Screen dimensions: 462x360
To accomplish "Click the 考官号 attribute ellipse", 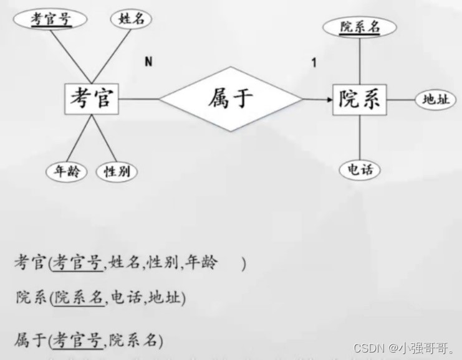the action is coord(51,19).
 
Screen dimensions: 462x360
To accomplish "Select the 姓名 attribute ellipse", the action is coord(131,19).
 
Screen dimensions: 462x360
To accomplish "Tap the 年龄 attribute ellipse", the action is coord(67,172).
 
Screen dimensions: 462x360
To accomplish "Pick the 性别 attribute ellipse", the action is coord(117,172).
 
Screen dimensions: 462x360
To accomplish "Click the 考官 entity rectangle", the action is coord(92,98).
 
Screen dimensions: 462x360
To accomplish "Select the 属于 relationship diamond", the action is coord(231,98).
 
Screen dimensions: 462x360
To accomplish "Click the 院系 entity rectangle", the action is coord(359,99).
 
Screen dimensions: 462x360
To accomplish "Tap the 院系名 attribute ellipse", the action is coord(360,26).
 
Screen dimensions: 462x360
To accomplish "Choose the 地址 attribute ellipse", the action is coord(435,99).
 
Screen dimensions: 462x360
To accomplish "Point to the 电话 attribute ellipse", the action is coord(360,169).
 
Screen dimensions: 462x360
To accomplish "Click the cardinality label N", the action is coord(148,61).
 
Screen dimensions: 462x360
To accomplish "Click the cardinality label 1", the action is coord(314,62).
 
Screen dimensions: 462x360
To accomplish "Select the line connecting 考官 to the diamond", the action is coord(139,98).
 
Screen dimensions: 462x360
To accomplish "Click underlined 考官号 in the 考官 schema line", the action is coord(77,263).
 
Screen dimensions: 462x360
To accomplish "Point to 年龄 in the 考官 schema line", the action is coord(201,263).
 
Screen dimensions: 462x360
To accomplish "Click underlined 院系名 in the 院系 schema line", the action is coord(78,297).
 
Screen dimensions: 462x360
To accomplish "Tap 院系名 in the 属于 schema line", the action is coord(135,340).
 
